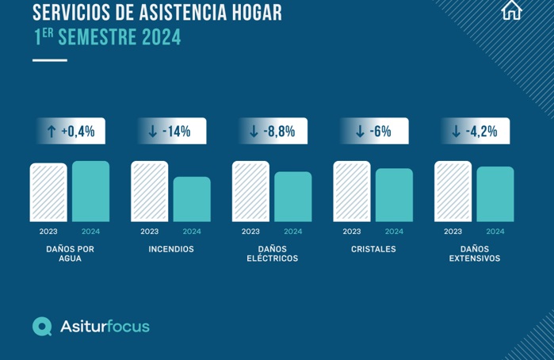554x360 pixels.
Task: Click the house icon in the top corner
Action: point(512,10)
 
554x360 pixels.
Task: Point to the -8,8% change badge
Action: point(273,132)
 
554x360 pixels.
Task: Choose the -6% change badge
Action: point(374,132)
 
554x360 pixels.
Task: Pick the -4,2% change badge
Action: point(475,132)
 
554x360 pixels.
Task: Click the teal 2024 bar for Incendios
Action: point(192,199)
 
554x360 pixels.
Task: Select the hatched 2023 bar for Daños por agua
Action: point(48,193)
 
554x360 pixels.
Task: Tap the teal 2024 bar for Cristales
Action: point(394,195)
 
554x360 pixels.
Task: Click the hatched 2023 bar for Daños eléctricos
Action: point(250,192)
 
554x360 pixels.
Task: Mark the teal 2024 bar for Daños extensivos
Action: point(495,194)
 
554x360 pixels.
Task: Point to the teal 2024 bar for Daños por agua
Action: point(91,192)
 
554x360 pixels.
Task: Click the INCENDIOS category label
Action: point(171,249)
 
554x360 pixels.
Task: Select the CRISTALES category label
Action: point(373,249)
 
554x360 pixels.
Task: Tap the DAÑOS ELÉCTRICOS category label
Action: point(272,254)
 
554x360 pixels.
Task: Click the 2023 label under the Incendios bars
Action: point(150,232)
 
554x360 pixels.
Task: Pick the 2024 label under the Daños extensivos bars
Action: point(495,232)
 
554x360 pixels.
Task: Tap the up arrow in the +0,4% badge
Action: point(52,132)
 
